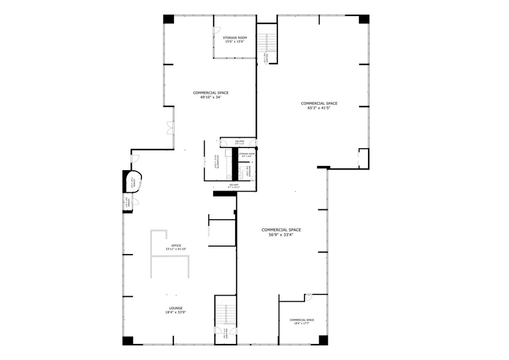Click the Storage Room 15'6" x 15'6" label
point(234,40)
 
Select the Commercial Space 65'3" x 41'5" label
point(319,105)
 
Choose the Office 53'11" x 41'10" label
point(175,247)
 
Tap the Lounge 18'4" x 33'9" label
point(176,310)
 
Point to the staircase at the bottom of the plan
point(225,315)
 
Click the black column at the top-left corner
point(168,19)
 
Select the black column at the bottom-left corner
point(127,340)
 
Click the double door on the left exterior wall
point(168,128)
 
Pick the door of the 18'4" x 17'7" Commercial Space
point(309,297)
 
